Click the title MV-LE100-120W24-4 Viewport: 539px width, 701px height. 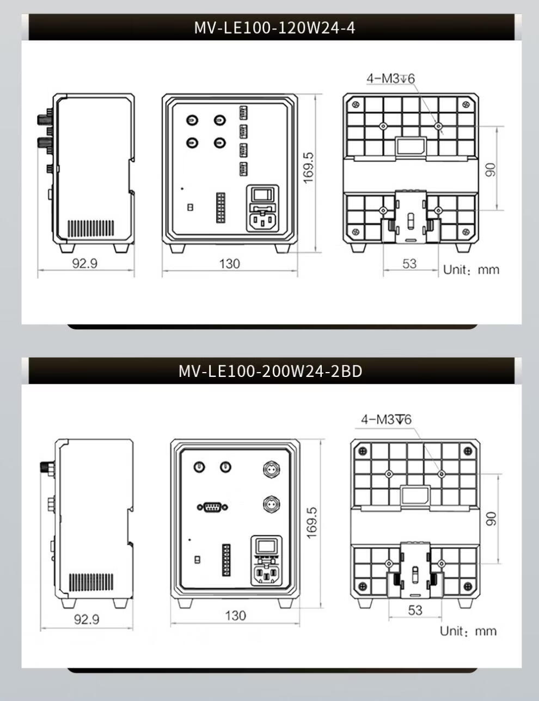[274, 27]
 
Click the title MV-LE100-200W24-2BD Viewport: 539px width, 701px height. [270, 371]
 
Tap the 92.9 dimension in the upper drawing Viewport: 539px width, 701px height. [84, 264]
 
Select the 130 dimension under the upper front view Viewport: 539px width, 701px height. [230, 264]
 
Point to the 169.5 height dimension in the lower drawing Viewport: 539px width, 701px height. [312, 523]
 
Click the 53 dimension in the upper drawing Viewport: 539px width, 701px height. [409, 264]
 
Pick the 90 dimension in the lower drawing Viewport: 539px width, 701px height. [491, 519]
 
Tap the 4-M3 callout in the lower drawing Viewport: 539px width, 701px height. [386, 419]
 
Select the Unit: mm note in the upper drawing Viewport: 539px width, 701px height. [471, 270]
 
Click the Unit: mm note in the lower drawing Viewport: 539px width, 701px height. [468, 631]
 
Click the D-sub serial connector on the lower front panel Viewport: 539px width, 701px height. [212, 508]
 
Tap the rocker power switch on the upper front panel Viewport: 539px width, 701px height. [262, 194]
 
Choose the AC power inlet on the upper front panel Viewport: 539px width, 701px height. [262, 221]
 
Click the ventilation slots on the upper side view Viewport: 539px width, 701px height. [90, 228]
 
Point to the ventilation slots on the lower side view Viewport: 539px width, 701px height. [91, 582]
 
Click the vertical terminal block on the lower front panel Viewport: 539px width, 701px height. [226, 560]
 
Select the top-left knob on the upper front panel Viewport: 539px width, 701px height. [192, 120]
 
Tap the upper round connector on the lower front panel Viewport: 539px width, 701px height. [272, 469]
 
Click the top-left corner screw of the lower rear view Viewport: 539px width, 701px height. [363, 450]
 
